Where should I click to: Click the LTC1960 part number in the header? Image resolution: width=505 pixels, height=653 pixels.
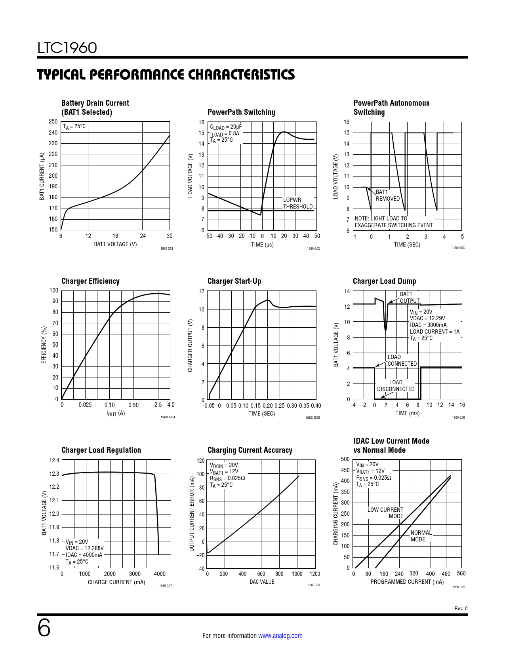tap(67, 48)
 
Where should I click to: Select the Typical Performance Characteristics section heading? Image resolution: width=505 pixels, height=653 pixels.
tap(166, 74)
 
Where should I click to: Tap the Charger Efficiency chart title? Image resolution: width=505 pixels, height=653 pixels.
tap(90, 281)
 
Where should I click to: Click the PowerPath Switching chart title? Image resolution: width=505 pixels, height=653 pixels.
tap(241, 112)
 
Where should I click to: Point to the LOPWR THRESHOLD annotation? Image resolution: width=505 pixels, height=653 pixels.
tap(297, 203)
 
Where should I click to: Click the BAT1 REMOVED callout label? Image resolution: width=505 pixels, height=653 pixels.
tap(387, 195)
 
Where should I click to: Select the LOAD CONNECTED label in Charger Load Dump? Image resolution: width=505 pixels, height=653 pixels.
tap(402, 360)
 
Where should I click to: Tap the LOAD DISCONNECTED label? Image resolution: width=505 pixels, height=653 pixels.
tap(396, 385)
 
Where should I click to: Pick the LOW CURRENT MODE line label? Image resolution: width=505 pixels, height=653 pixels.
tap(385, 513)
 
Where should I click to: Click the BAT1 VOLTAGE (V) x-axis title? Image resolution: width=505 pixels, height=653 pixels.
tap(115, 244)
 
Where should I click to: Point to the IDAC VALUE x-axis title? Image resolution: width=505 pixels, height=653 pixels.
tap(261, 582)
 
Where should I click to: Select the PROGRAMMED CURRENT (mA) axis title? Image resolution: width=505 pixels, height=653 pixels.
tap(407, 582)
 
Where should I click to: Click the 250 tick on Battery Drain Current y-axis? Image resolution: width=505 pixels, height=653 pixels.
tap(53, 121)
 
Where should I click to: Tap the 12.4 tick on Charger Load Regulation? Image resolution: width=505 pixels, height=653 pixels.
tap(54, 460)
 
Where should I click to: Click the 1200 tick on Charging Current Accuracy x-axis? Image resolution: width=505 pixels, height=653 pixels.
tap(315, 574)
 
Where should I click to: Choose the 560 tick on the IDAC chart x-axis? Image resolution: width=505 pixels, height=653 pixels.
tap(461, 573)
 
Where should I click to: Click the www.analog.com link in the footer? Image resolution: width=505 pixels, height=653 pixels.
tap(280, 636)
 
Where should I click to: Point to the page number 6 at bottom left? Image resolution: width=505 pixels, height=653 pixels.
tap(44, 628)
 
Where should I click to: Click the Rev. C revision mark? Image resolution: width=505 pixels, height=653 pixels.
tap(461, 609)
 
